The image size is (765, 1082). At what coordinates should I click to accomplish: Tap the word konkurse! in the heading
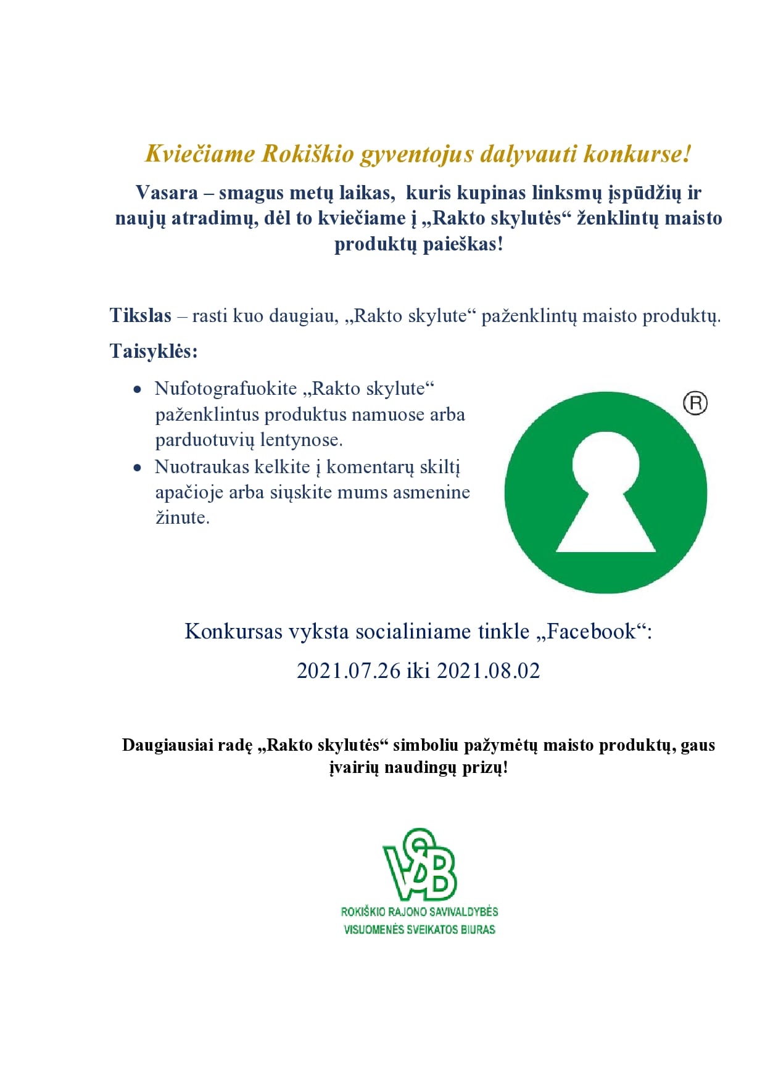637,154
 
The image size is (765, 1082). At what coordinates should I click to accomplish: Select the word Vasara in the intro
167,193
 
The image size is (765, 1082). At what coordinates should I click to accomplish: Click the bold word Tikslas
141,316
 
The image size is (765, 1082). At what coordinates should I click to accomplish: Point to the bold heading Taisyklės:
154,351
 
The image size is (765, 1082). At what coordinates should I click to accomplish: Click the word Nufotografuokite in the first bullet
226,389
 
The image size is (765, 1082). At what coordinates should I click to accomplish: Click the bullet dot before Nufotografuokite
138,390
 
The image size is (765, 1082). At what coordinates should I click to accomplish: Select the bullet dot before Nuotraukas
138,468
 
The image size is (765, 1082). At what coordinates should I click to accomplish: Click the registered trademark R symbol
695,403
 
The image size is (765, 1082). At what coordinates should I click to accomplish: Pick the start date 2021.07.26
349,671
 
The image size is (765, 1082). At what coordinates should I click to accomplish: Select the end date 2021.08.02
489,671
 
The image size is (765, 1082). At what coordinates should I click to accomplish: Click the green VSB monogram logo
420,865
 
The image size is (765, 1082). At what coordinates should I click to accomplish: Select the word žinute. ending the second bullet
183,518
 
